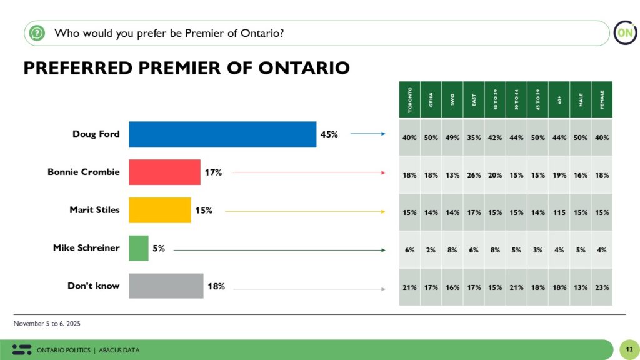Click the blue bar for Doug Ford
click(222, 134)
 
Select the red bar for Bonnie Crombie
click(164, 172)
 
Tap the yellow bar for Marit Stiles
click(159, 210)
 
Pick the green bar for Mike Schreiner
click(139, 248)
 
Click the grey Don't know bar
click(166, 286)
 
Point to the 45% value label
click(329, 134)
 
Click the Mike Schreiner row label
click(86, 248)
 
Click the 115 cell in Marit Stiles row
click(559, 212)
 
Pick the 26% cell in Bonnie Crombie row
click(474, 175)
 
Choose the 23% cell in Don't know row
click(602, 287)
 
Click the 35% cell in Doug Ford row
click(474, 137)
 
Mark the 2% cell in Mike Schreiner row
click(431, 250)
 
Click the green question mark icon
click(37, 33)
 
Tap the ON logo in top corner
click(624, 33)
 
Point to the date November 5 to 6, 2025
click(47, 324)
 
